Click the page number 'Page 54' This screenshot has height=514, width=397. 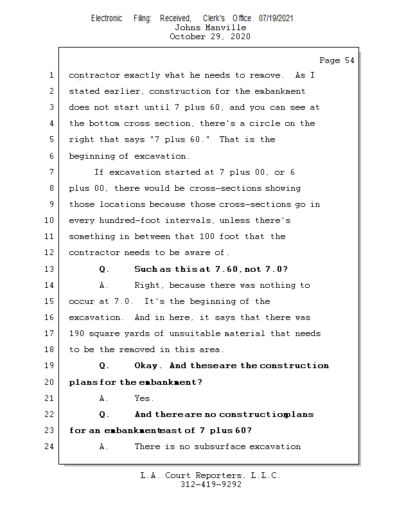coord(336,60)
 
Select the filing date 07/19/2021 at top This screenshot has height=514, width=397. coord(276,18)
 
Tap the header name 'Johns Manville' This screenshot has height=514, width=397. coord(210,28)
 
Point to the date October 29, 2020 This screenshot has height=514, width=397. coord(210,37)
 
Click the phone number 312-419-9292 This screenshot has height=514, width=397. coord(211,484)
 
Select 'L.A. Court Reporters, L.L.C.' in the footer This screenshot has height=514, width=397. coord(211,475)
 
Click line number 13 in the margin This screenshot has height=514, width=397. coord(51,269)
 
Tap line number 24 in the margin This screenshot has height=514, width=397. coord(51,446)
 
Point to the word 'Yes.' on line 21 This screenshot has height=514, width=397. coord(144,398)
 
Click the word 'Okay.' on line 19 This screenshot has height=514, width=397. coord(148,366)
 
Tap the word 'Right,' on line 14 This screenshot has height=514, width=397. coord(149,285)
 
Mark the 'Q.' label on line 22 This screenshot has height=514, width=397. coord(105,414)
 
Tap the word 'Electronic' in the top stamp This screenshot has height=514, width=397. coord(107,18)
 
